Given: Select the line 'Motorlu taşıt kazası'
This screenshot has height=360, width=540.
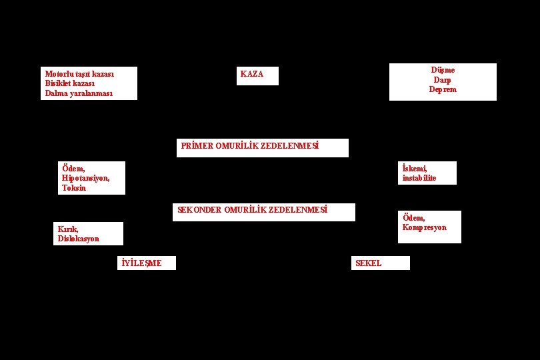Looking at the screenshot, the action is tap(79, 74).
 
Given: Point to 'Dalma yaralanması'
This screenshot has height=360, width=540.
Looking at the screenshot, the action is tap(79, 93).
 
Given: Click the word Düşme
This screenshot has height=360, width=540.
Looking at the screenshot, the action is tap(443, 70).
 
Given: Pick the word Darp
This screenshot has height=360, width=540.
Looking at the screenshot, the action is tap(443, 80).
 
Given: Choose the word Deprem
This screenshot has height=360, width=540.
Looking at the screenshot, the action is tap(443, 89).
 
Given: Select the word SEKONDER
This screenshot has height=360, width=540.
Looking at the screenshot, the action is tap(199, 210).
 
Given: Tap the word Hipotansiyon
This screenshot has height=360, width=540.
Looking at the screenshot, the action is tap(85, 178).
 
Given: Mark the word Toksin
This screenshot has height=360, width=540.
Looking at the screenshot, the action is tap(74, 188).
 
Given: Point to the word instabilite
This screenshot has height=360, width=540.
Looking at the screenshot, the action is tap(419, 178).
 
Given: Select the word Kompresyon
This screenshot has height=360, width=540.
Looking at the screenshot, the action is tap(424, 227).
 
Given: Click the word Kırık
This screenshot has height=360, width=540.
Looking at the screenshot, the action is tap(68, 229).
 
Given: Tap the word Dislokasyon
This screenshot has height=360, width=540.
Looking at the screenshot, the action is tap(78, 239).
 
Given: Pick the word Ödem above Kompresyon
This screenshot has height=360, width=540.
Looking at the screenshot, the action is tap(413, 218).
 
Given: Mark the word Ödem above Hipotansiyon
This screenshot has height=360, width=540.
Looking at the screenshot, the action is tap(73, 169).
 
